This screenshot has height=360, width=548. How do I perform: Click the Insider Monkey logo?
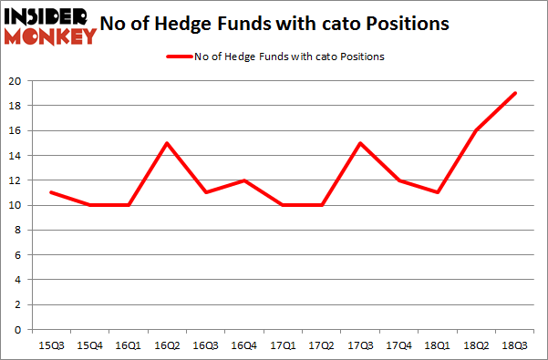click(50, 26)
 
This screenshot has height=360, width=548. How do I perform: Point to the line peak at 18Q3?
click(515, 93)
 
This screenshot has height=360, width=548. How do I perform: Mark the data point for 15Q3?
click(50, 192)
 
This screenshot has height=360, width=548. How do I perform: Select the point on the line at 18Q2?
click(476, 130)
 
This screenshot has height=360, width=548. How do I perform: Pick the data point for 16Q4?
click(244, 180)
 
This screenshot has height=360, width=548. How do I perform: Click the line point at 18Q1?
click(438, 192)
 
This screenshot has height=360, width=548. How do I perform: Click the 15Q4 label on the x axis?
click(88, 345)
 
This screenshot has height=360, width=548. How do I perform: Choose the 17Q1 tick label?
click(283, 345)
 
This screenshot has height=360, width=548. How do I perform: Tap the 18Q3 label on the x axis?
click(515, 345)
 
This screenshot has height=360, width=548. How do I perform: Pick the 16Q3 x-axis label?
click(205, 345)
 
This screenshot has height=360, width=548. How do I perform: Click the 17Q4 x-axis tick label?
click(398, 345)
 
